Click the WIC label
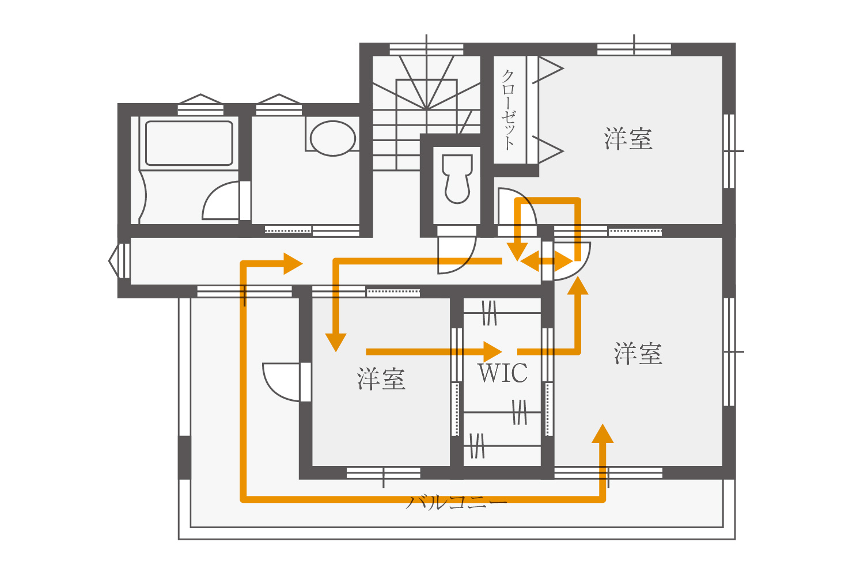(502, 373)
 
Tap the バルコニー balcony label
(457, 502)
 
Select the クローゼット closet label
(508, 109)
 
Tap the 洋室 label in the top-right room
(628, 139)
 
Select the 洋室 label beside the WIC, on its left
(381, 379)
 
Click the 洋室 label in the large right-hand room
(638, 353)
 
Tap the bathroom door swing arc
(220, 202)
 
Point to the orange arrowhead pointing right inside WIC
(492, 351)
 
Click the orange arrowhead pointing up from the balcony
(602, 433)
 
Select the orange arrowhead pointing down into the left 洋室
(336, 342)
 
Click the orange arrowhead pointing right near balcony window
(293, 264)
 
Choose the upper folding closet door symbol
(547, 71)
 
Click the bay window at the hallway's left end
(120, 262)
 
